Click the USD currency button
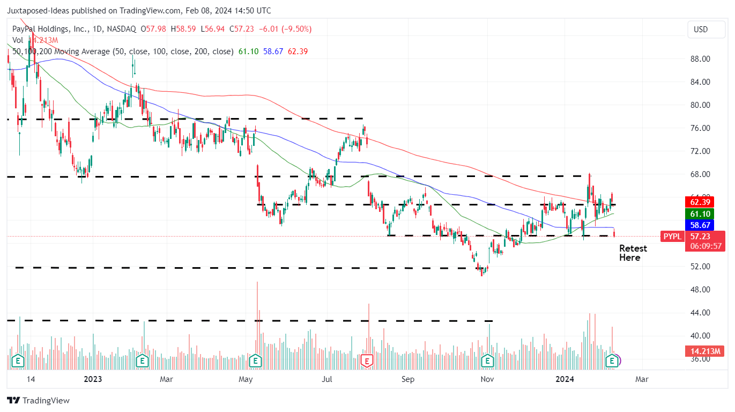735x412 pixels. pyautogui.click(x=701, y=30)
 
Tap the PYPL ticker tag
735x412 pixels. pyautogui.click(x=673, y=236)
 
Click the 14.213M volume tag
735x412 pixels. pyautogui.click(x=704, y=351)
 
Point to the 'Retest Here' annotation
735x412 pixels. pyautogui.click(x=633, y=253)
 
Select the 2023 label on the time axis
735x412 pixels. pyautogui.click(x=93, y=379)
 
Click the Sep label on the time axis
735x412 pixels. pyautogui.click(x=408, y=379)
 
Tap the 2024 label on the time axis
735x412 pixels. pyautogui.click(x=566, y=379)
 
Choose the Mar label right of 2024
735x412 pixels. pyautogui.click(x=642, y=379)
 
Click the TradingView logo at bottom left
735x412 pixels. pyautogui.click(x=38, y=400)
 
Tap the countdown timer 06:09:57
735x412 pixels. pyautogui.click(x=704, y=246)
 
